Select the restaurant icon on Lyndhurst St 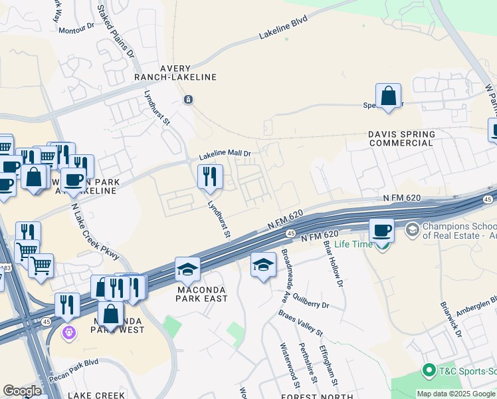(x=210, y=177)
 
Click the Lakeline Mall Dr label (x=225, y=155)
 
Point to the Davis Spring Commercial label (x=402, y=138)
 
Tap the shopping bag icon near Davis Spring (x=388, y=96)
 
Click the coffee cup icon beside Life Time (x=381, y=230)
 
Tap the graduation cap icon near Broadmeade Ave (x=264, y=265)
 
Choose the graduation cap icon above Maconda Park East (x=187, y=269)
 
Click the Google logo (x=22, y=391)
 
